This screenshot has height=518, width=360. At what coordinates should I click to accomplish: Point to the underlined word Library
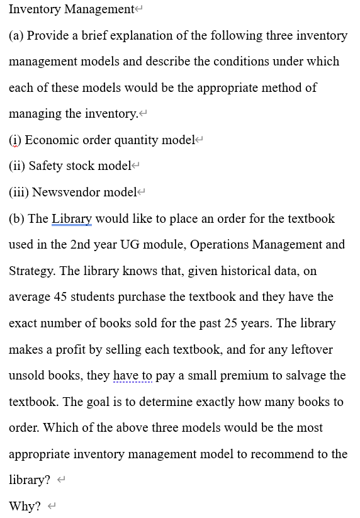(x=72, y=218)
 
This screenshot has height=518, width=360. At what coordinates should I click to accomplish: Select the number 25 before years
(x=237, y=323)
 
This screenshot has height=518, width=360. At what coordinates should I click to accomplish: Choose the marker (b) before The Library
(x=16, y=218)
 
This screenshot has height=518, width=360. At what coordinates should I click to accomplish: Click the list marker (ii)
(x=17, y=166)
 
